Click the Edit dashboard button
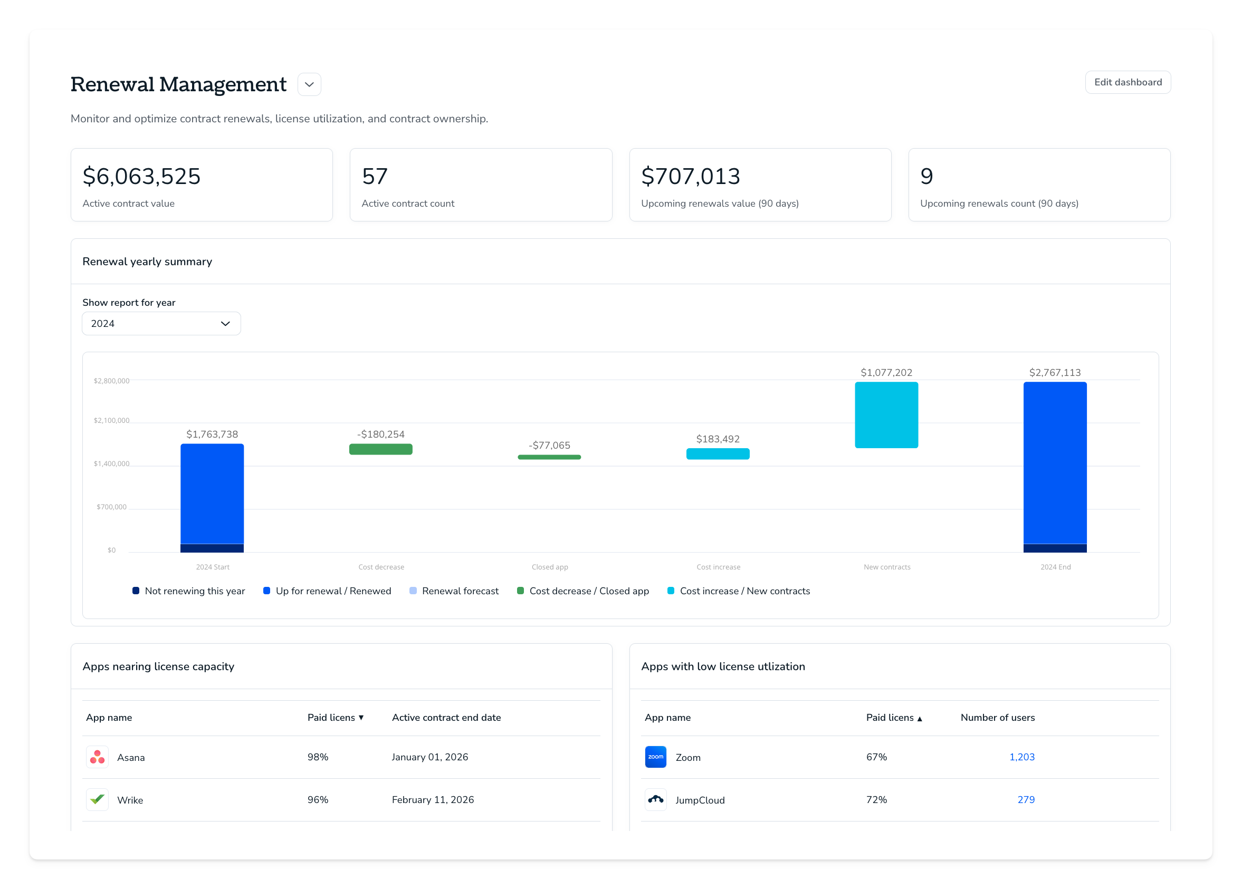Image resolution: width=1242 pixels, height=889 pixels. tap(1128, 82)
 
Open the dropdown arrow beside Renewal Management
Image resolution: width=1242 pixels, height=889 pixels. tap(309, 84)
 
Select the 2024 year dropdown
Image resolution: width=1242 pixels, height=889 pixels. tap(161, 324)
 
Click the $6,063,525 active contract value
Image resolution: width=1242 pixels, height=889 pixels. tap(141, 176)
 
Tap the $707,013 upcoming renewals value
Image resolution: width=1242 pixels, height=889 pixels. tap(691, 176)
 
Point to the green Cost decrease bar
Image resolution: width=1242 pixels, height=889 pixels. tap(380, 449)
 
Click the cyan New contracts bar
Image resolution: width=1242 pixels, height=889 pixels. tap(886, 415)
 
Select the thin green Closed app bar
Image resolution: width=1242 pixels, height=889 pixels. tap(549, 457)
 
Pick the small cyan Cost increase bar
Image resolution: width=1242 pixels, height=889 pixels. tap(718, 454)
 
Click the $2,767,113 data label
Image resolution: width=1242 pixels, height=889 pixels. tap(1055, 373)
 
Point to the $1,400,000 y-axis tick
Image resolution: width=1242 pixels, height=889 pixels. tap(112, 463)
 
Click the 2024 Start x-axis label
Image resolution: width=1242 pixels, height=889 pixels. tap(213, 567)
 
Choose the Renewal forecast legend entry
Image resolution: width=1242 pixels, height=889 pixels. tap(454, 591)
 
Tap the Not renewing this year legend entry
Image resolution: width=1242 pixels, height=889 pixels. tap(189, 591)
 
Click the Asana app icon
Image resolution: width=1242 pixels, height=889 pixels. tap(98, 757)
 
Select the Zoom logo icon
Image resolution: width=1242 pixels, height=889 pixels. tap(655, 757)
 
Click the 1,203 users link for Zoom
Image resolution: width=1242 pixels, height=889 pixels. tap(1022, 757)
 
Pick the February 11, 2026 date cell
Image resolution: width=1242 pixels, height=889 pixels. tap(433, 800)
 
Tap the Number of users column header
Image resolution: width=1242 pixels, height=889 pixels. tap(997, 718)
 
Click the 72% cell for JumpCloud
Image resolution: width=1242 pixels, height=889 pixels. tap(876, 800)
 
